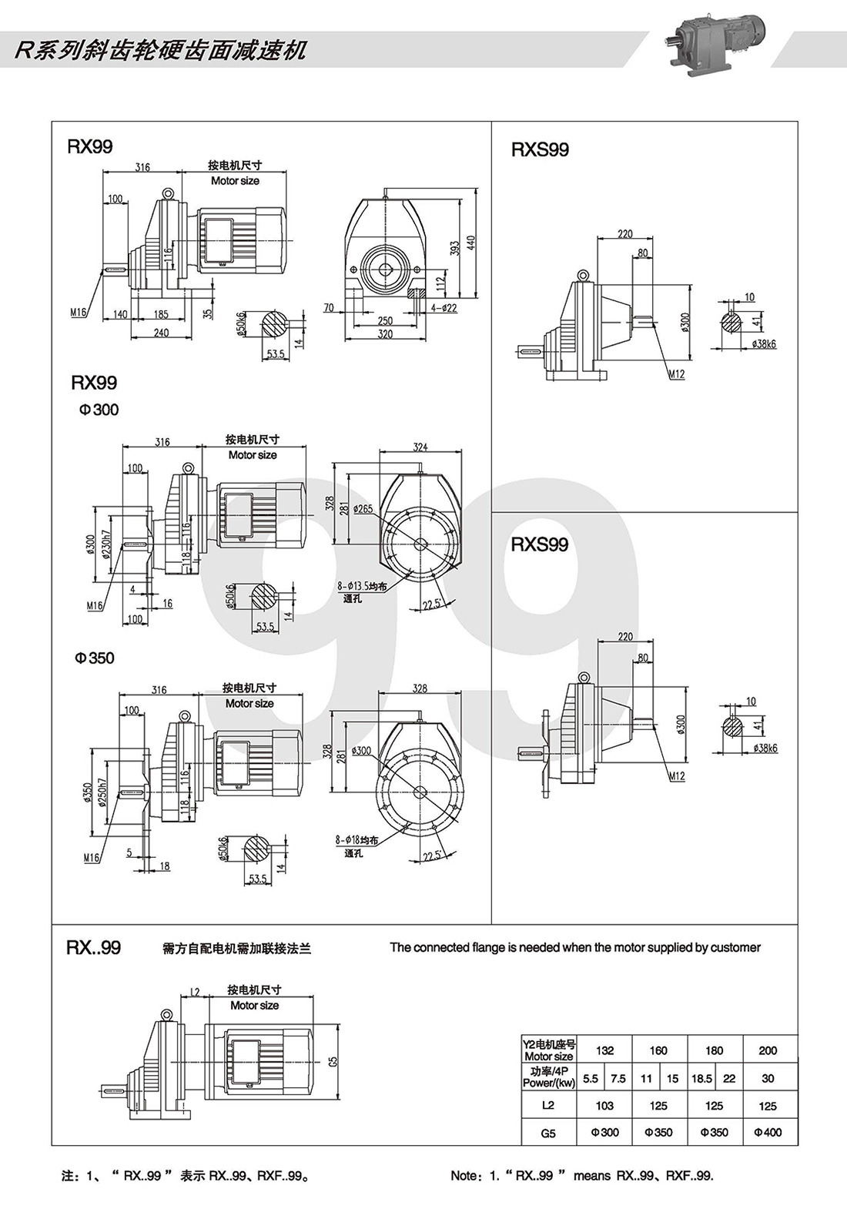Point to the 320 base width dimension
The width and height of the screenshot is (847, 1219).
pyautogui.click(x=385, y=334)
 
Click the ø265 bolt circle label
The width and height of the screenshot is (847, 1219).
pyautogui.click(x=363, y=509)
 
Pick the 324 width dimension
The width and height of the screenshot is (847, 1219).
pyautogui.click(x=420, y=447)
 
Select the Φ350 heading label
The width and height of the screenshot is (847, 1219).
pyautogui.click(x=94, y=658)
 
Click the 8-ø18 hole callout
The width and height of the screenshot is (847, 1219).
pyautogui.click(x=357, y=840)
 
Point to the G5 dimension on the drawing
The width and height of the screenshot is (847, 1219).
pyautogui.click(x=333, y=1060)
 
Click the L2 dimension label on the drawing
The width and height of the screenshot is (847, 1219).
pyautogui.click(x=196, y=992)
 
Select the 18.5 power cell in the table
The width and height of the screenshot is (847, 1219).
pyautogui.click(x=701, y=1078)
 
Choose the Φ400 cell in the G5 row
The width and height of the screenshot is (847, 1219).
pyautogui.click(x=768, y=1132)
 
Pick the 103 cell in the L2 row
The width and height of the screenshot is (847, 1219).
pyautogui.click(x=604, y=1106)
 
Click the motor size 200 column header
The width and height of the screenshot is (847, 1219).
pyautogui.click(x=768, y=1050)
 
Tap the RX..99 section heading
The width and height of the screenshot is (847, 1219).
pyautogui.click(x=94, y=947)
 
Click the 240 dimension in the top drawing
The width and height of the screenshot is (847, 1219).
pyautogui.click(x=160, y=333)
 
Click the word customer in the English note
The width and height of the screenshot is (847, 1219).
pyautogui.click(x=734, y=947)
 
